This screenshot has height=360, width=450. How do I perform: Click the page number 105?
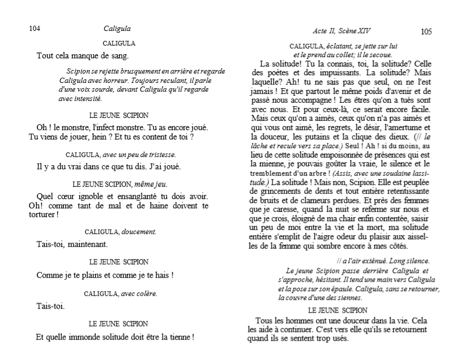click(426, 32)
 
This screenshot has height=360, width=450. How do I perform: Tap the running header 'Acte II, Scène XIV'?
click(346, 30)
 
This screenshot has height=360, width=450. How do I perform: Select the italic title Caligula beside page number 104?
click(117, 28)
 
